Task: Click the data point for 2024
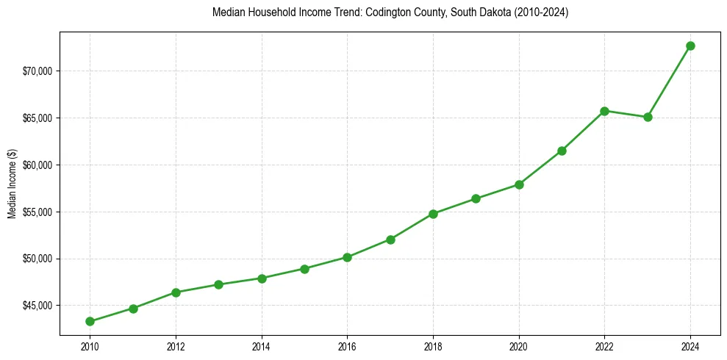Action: [690, 46]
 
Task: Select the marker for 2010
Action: [90, 321]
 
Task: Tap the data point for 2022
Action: [604, 111]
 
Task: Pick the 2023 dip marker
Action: [648, 117]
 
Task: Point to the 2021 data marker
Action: [562, 151]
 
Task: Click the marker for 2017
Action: [390, 240]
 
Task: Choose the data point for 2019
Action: [476, 198]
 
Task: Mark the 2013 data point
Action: [218, 284]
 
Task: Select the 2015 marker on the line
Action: [304, 269]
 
